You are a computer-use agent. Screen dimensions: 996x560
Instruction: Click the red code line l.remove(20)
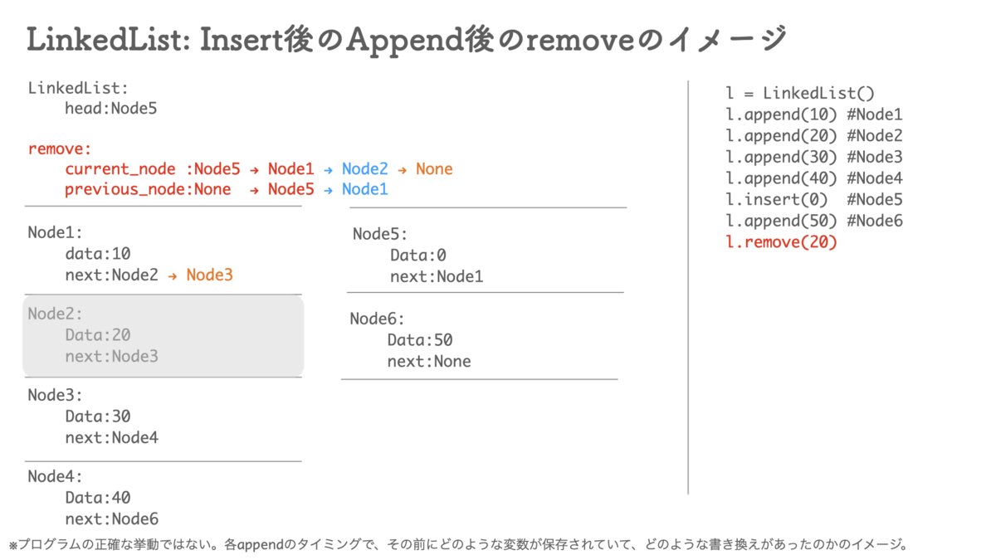[781, 242]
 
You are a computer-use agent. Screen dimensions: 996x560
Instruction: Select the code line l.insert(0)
[776, 200]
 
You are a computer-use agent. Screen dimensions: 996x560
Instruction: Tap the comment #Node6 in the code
[875, 221]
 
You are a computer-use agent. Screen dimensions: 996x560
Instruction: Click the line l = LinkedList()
[800, 93]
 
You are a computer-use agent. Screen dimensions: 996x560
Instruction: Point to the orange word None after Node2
[434, 169]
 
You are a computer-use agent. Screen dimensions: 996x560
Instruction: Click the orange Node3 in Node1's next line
[209, 275]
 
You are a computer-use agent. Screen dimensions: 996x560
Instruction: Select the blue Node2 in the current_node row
[364, 169]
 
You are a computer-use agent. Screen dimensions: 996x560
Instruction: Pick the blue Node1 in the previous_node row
[364, 189]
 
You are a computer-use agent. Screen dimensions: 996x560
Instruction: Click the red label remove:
[60, 149]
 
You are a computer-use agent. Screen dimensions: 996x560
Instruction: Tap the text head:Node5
[110, 109]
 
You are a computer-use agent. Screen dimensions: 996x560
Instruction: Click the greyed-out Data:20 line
[98, 335]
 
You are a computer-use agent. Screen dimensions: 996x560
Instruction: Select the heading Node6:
[377, 319]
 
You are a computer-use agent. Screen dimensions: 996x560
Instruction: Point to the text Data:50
[420, 340]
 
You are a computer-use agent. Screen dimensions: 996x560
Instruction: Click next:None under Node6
[429, 362]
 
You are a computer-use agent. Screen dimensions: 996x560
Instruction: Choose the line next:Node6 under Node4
[111, 519]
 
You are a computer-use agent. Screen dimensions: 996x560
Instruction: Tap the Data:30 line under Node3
[98, 416]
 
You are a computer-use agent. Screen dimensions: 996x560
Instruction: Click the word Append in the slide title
[405, 41]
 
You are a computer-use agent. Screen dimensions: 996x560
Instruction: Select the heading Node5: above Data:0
[380, 234]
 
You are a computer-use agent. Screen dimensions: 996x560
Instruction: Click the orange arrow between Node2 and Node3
[173, 276]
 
